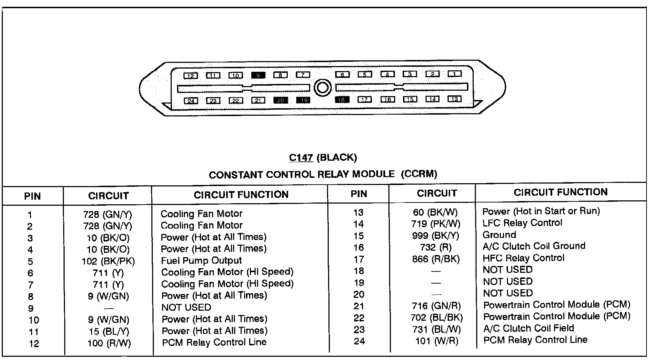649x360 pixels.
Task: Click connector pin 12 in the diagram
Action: click(191, 76)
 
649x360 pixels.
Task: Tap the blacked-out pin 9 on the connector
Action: click(258, 75)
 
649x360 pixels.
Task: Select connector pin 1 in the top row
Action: click(454, 74)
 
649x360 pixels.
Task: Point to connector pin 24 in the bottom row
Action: click(191, 101)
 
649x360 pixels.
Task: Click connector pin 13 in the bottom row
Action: click(454, 99)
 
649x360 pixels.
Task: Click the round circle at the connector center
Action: click(322, 87)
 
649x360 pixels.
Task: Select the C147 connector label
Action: click(301, 157)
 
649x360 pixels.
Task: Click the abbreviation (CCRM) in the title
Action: click(419, 174)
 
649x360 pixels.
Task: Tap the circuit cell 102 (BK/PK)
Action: click(108, 261)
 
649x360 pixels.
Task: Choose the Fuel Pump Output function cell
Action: click(201, 261)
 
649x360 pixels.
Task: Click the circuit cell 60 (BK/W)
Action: click(435, 212)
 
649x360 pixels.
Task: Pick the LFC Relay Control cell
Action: click(522, 223)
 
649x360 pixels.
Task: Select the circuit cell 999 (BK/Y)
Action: click(435, 236)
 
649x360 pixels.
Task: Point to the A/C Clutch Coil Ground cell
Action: click(534, 246)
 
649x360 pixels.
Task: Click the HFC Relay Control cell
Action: click(523, 258)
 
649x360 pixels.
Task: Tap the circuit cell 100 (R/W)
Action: click(109, 344)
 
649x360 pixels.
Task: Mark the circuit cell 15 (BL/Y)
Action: click(109, 332)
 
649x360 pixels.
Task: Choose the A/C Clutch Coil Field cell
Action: click(528, 328)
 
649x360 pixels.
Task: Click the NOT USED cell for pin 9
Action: click(186, 307)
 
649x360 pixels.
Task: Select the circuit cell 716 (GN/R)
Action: click(436, 306)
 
